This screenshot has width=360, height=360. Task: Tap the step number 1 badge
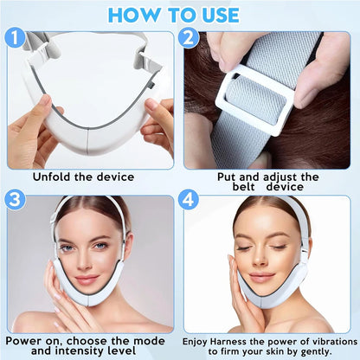pyautogui.click(x=15, y=38)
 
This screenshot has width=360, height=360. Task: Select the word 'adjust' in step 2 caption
pyautogui.click(x=272, y=176)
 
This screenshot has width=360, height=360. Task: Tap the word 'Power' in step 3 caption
pyautogui.click(x=29, y=340)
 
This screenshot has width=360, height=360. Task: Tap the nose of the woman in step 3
pyautogui.click(x=87, y=261)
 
